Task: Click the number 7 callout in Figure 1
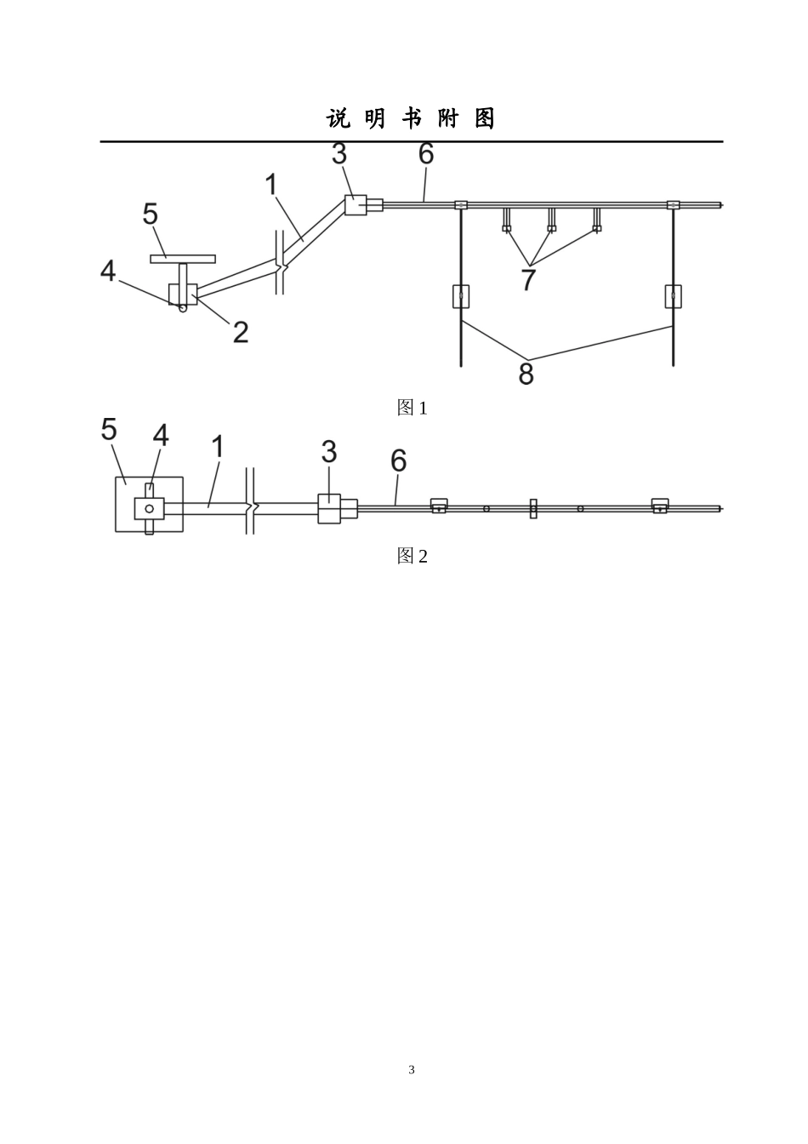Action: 528,279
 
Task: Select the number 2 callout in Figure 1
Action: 241,332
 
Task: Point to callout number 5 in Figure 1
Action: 150,214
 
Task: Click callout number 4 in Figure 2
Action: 161,436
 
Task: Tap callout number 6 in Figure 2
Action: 399,460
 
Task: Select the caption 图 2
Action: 412,556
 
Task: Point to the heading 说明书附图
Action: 411,118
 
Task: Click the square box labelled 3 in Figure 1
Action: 356,205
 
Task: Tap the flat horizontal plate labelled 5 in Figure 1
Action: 183,259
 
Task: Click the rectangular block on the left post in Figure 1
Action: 461,296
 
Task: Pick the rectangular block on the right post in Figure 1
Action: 674,296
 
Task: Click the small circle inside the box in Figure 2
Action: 149,509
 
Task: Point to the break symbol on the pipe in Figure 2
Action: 250,501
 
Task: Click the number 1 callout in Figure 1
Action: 271,185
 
